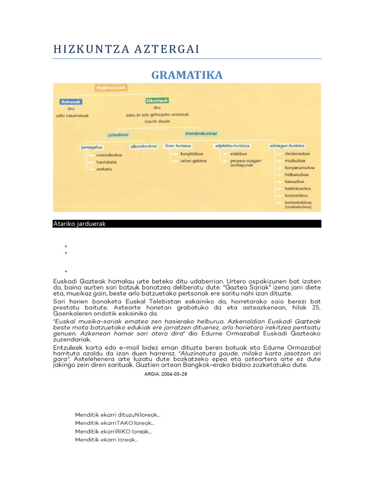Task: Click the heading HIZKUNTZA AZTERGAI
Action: click(126, 49)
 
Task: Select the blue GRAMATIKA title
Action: click(187, 75)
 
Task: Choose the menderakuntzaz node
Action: click(201, 133)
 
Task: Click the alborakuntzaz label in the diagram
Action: click(144, 146)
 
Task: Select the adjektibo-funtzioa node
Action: click(233, 146)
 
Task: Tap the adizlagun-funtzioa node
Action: click(287, 146)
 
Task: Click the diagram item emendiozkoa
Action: click(109, 155)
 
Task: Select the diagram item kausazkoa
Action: click(297, 181)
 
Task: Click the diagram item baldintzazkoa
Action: click(299, 188)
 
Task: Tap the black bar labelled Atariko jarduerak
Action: click(187, 224)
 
